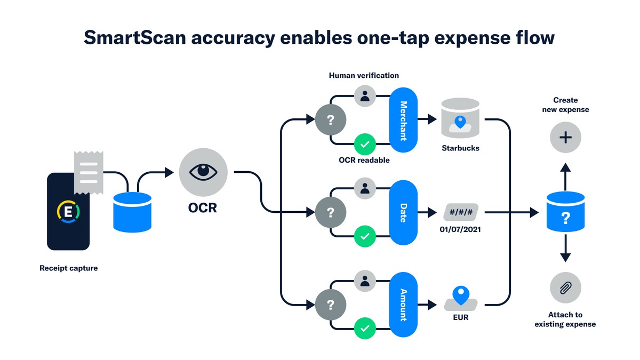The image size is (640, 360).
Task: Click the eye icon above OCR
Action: click(203, 172)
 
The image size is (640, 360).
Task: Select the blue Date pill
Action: click(403, 212)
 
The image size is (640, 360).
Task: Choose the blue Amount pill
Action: click(403, 305)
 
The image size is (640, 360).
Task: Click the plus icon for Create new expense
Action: click(565, 138)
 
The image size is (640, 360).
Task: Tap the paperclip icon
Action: click(565, 288)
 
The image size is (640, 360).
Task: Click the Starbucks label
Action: click(460, 148)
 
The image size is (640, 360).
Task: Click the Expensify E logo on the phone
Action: click(68, 212)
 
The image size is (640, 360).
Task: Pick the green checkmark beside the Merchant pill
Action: click(365, 143)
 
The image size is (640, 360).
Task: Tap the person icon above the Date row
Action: click(365, 188)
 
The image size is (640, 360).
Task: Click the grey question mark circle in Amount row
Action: click(331, 305)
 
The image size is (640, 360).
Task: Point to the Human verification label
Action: click(364, 75)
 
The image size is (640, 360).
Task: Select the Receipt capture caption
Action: click(69, 268)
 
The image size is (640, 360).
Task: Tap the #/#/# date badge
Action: click(461, 212)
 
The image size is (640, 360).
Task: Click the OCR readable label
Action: click(364, 160)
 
